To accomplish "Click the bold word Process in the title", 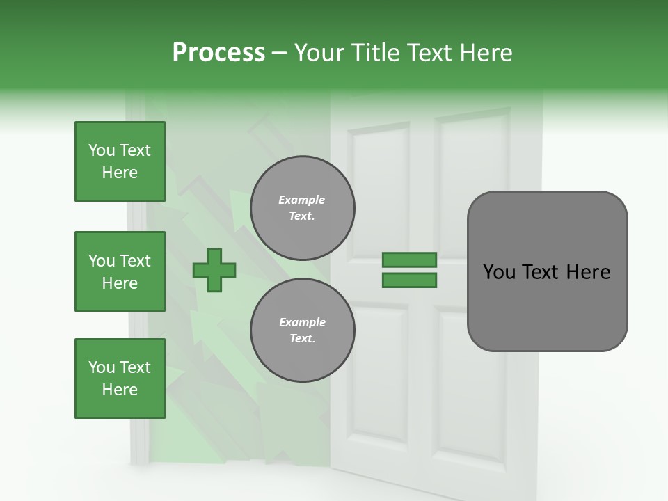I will pos(218,53).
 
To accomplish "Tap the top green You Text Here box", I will pos(120,161).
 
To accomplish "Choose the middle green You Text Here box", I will pos(120,271).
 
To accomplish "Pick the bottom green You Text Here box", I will pos(120,379).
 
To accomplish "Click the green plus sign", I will pos(214,270).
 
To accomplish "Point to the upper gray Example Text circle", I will pos(302,208).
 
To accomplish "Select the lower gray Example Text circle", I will pos(302,331).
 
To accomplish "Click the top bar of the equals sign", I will pos(409,260).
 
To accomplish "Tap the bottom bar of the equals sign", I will pos(409,280).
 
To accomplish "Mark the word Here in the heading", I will pos(486,53).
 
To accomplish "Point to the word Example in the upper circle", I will pos(302,200).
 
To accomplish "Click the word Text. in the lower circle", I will pos(302,339).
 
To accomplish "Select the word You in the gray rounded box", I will pos(499,272).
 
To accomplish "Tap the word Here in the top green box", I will pos(120,173).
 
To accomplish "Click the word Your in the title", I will pos(317,53).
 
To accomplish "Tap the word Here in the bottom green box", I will pos(120,390).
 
